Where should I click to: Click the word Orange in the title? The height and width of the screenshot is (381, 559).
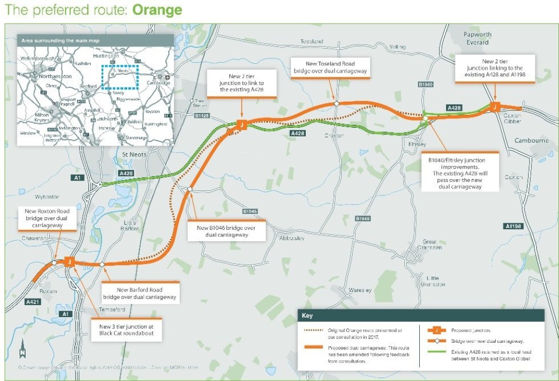157,10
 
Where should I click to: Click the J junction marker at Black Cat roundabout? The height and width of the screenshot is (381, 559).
69,262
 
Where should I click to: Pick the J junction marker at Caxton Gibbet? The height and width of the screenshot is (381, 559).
495,107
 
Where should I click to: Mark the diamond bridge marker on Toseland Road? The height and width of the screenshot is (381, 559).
337,104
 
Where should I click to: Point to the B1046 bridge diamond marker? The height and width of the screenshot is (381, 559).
189,189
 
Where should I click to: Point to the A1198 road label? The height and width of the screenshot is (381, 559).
514,226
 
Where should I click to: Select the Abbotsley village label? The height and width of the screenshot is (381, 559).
292,238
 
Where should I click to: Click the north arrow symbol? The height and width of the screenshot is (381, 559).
22,345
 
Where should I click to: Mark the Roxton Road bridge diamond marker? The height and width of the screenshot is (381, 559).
54,263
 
